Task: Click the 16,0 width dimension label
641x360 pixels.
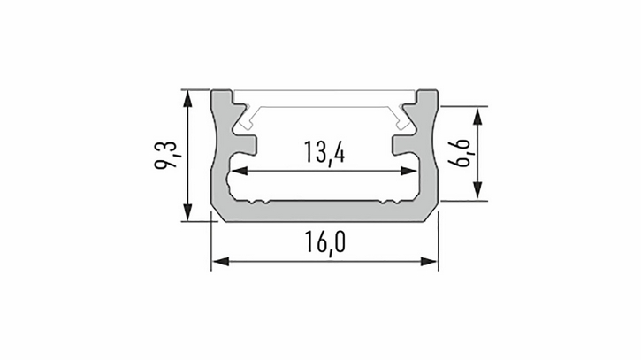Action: (325, 242)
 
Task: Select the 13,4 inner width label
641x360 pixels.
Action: (324, 153)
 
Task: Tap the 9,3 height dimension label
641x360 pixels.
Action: (166, 155)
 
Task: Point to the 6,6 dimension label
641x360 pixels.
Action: (459, 153)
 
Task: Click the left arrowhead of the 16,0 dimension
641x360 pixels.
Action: (221, 262)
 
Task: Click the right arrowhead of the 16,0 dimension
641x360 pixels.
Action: (429, 262)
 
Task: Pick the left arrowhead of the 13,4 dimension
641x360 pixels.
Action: (240, 171)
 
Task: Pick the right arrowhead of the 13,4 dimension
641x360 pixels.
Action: (408, 171)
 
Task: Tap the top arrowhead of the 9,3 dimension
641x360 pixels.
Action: (187, 99)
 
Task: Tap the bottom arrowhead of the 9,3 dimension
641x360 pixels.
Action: (187, 212)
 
